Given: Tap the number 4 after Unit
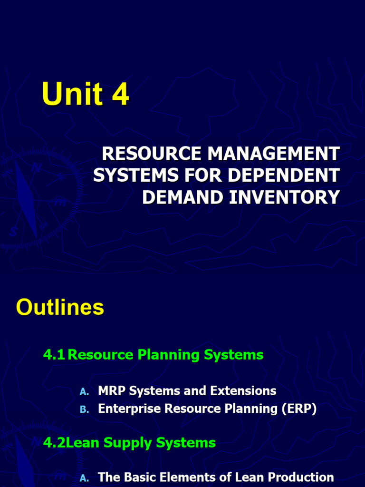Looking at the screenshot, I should [120, 94].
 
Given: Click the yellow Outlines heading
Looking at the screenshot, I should [60, 307].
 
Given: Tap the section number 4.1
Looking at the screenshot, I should [54, 354].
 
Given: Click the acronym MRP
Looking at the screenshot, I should [112, 391].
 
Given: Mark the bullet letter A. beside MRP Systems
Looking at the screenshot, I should [84, 392].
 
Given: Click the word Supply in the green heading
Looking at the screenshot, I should [128, 443].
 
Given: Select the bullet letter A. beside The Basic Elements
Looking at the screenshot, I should [84, 478].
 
